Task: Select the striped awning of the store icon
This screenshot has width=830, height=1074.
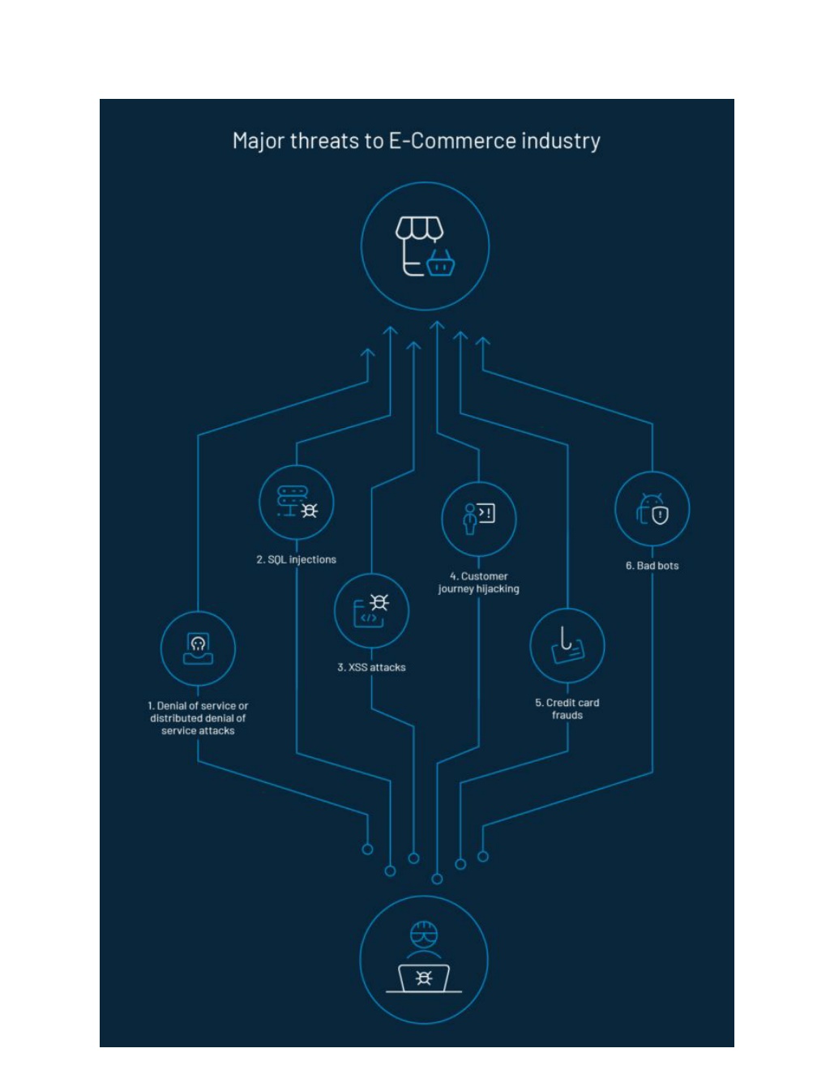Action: coord(419,229)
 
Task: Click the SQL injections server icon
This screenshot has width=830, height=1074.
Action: coord(297,502)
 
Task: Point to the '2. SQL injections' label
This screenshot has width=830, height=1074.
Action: coord(297,559)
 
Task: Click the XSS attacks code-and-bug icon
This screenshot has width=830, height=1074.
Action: coord(371,611)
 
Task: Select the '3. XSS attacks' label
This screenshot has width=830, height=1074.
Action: coord(371,667)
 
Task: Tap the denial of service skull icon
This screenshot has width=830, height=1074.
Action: coord(198,648)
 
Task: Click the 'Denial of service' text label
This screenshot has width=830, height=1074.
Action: coord(198,718)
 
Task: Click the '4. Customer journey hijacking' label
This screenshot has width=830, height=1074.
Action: coord(479,583)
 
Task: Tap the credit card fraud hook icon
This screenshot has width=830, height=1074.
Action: coord(567,645)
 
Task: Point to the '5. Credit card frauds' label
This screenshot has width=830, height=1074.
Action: coord(567,708)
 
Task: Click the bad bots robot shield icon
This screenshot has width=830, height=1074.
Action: coord(652,508)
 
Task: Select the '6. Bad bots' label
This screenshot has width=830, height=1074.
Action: coord(652,566)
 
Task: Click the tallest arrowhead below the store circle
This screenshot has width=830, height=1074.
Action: coord(437,325)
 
